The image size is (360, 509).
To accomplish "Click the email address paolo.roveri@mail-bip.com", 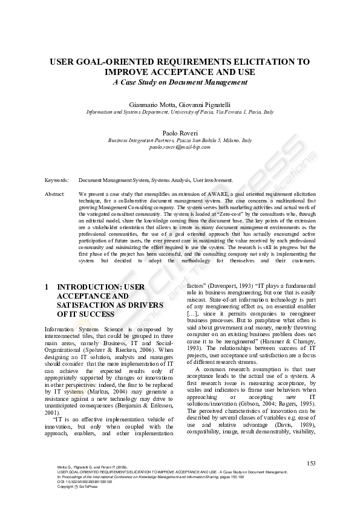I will (180, 147).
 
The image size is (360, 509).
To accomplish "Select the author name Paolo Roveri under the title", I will (180, 132).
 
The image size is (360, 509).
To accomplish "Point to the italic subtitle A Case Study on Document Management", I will (180, 82).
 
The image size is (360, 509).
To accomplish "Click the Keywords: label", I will (57, 180).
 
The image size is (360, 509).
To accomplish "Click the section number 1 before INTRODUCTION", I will (47, 287).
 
